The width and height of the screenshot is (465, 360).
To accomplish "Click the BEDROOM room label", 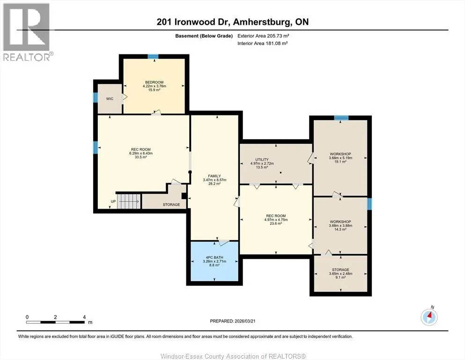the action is coord(154,82).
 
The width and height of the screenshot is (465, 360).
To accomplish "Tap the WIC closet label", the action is coord(110,99).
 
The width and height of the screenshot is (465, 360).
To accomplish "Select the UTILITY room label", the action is coord(262,160).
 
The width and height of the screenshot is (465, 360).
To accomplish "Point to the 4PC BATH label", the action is coord(214,258).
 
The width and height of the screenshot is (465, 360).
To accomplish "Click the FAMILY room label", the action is coord(214,176).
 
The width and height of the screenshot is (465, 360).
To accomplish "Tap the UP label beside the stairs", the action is coord(113,202).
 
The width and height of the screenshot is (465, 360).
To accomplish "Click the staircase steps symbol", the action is coord(129,201).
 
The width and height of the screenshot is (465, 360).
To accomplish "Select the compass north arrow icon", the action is coord(429,317).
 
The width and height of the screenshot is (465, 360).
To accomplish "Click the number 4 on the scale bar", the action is coord(84,317).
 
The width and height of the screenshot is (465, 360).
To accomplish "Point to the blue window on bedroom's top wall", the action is coord(153,56).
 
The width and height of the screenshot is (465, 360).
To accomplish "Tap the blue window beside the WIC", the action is coord(96,97).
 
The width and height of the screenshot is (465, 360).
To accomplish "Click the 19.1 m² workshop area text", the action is coord(340,162).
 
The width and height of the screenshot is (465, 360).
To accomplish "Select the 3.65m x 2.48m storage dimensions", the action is coord(340,274).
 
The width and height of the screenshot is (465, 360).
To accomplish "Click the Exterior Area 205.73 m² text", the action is coord(263,36).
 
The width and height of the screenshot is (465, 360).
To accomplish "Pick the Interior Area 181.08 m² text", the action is coord(263,43).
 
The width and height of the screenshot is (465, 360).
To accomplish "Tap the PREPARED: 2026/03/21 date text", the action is coord(232,321).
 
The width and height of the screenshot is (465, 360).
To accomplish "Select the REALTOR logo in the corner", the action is coord(27,32).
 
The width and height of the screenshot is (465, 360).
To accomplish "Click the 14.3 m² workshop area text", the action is coord(340,229).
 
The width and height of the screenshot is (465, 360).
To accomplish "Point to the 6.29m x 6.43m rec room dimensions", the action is coord(141,153).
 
